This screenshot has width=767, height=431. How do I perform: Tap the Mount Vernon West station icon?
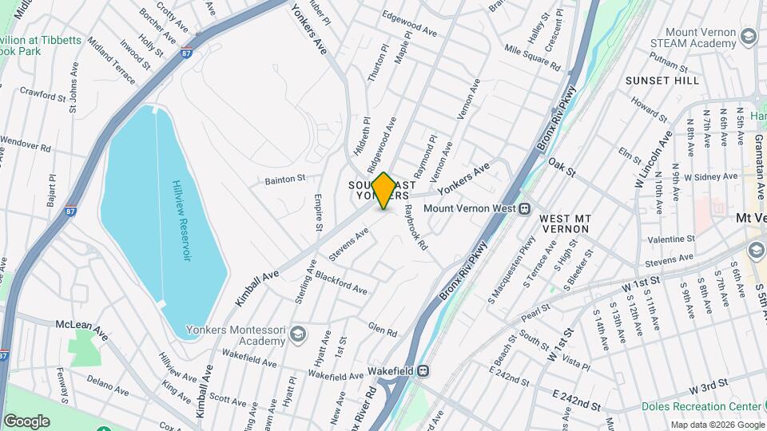click(x=525, y=209)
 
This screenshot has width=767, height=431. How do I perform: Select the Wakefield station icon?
click(x=425, y=370)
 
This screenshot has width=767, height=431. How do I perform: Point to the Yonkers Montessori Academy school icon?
click(x=298, y=332)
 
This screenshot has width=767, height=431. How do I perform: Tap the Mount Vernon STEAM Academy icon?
click(x=749, y=36)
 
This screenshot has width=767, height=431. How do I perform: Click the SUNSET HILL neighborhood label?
click(x=662, y=81)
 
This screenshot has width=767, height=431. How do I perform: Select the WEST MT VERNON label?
click(x=563, y=223)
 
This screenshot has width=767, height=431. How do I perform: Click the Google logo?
click(x=26, y=421)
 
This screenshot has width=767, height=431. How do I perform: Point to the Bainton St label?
click(x=286, y=180)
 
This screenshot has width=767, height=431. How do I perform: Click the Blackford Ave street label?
click(x=340, y=283)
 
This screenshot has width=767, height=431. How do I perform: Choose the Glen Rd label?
click(x=383, y=329)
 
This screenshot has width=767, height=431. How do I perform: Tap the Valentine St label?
click(x=671, y=239)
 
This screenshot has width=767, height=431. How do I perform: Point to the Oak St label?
click(x=562, y=166)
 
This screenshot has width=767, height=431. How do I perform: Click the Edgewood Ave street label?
click(x=410, y=34)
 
